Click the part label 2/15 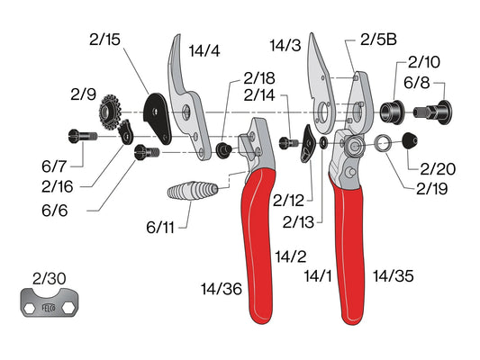pyautogui.click(x=104, y=40)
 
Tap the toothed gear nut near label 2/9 pyautogui.click(x=110, y=112)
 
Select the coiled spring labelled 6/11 pyautogui.click(x=193, y=191)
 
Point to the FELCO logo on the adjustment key pyautogui.click(x=49, y=308)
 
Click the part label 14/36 pyautogui.click(x=222, y=289)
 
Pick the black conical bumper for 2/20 pyautogui.click(x=409, y=140)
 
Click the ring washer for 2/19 pyautogui.click(x=383, y=143)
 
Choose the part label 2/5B pyautogui.click(x=378, y=40)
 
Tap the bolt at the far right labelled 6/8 pyautogui.click(x=433, y=112)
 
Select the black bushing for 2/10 pyautogui.click(x=392, y=112)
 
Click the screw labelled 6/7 pyautogui.click(x=83, y=136)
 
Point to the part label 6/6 pyautogui.click(x=55, y=211)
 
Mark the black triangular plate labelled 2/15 pyautogui.click(x=158, y=118)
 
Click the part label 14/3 pyautogui.click(x=285, y=46)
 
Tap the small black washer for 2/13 pyautogui.click(x=323, y=143)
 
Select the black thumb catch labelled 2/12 pyautogui.click(x=307, y=143)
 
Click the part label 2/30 pyautogui.click(x=49, y=279)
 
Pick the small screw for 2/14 pyautogui.click(x=288, y=142)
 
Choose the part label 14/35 pyautogui.click(x=394, y=276)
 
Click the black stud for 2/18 pyautogui.click(x=223, y=150)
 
